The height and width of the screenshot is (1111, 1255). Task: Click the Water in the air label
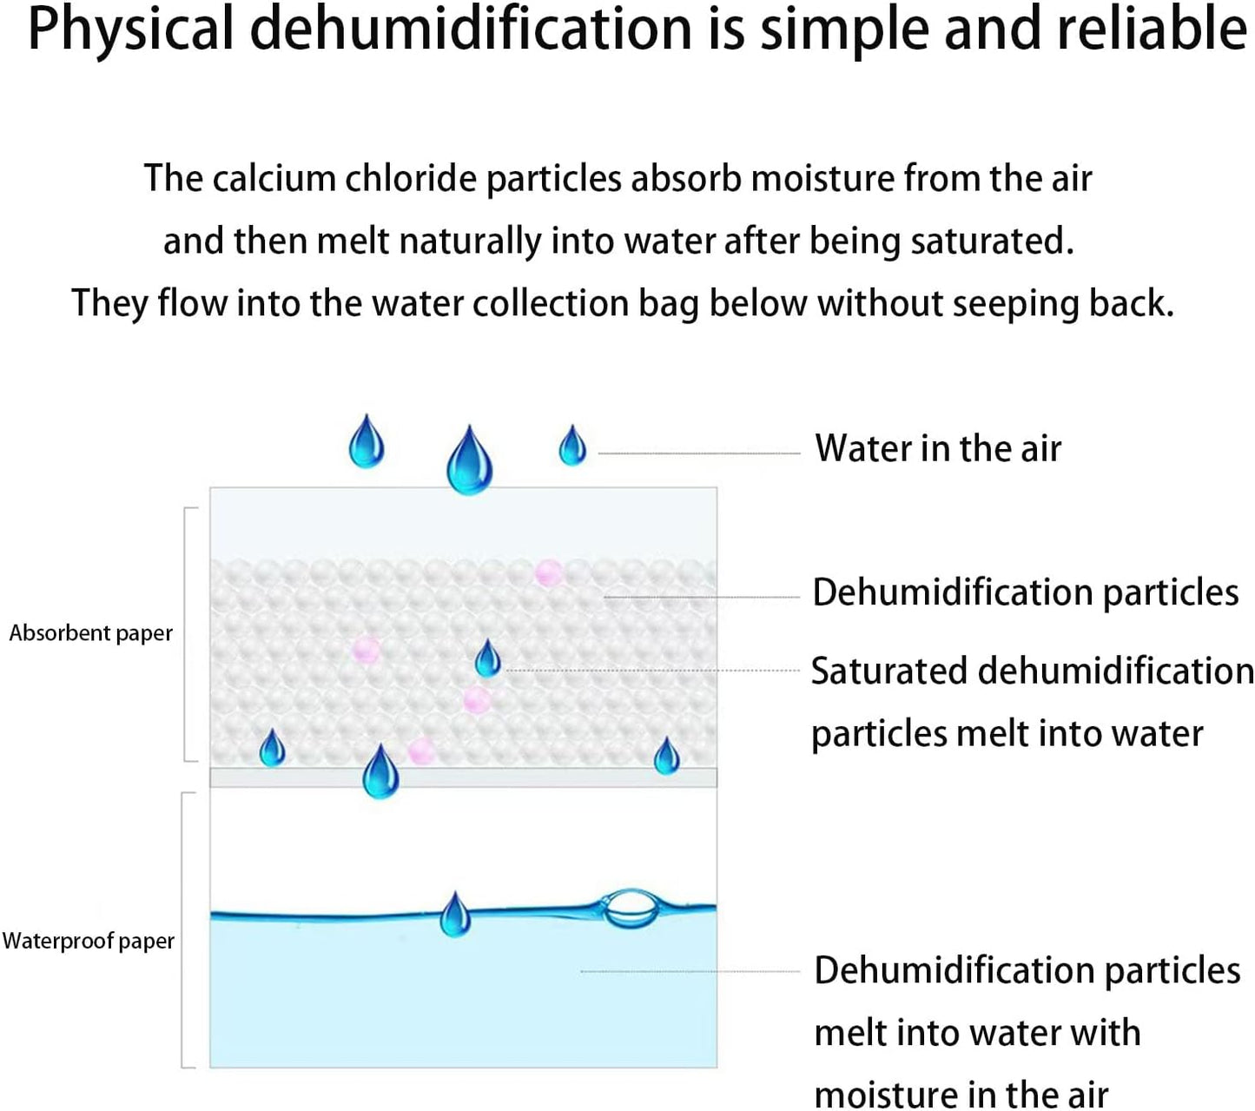point(937,448)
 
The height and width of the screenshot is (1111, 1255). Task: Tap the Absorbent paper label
point(90,633)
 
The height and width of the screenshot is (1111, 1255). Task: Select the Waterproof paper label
point(88,942)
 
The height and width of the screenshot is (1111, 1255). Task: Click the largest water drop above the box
point(469,460)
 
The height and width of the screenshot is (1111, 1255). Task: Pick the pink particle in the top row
point(548,572)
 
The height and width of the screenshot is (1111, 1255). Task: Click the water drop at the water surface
point(455,914)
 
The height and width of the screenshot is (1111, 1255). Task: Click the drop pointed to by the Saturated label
point(487,658)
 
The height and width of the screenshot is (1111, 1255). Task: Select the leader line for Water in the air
point(699,453)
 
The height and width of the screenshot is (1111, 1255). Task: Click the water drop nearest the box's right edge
point(666,756)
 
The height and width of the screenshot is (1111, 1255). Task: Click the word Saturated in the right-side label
point(888,671)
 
